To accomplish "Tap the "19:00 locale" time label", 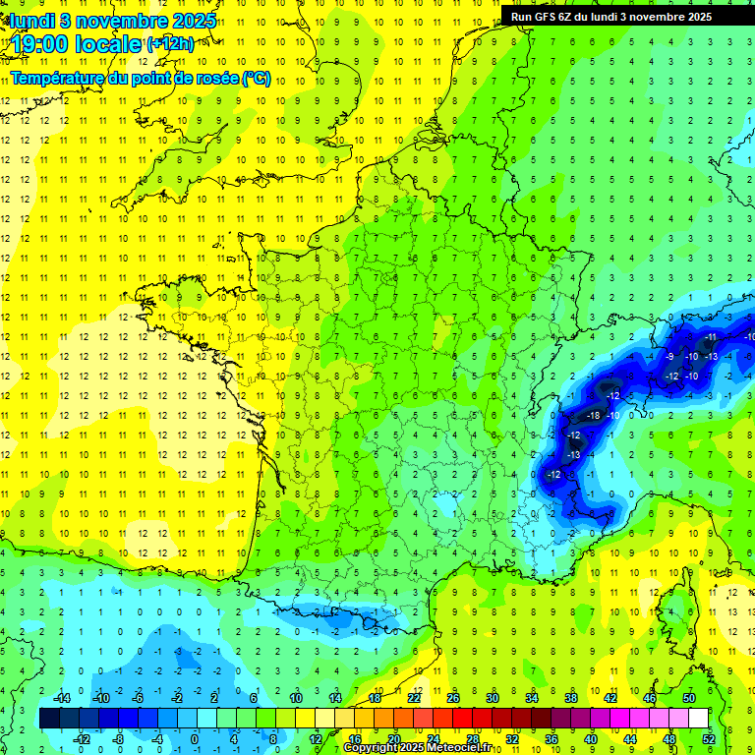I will (77, 42).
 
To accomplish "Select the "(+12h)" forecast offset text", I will (170, 43).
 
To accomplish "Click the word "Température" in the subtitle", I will (59, 78).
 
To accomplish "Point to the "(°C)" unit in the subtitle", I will (256, 78).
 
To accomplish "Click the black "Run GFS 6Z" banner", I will (620, 17).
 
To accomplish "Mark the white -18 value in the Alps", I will (593, 416).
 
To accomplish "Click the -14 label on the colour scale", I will (60, 697).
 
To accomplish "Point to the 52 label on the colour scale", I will (709, 738).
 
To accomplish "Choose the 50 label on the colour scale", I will (688, 697).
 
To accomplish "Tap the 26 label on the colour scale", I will (453, 697).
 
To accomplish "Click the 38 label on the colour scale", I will (571, 697).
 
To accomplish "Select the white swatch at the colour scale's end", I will (698, 718).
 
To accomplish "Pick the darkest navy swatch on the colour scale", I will (49, 718).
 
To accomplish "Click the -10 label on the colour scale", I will (99, 697).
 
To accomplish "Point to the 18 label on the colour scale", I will (375, 697).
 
